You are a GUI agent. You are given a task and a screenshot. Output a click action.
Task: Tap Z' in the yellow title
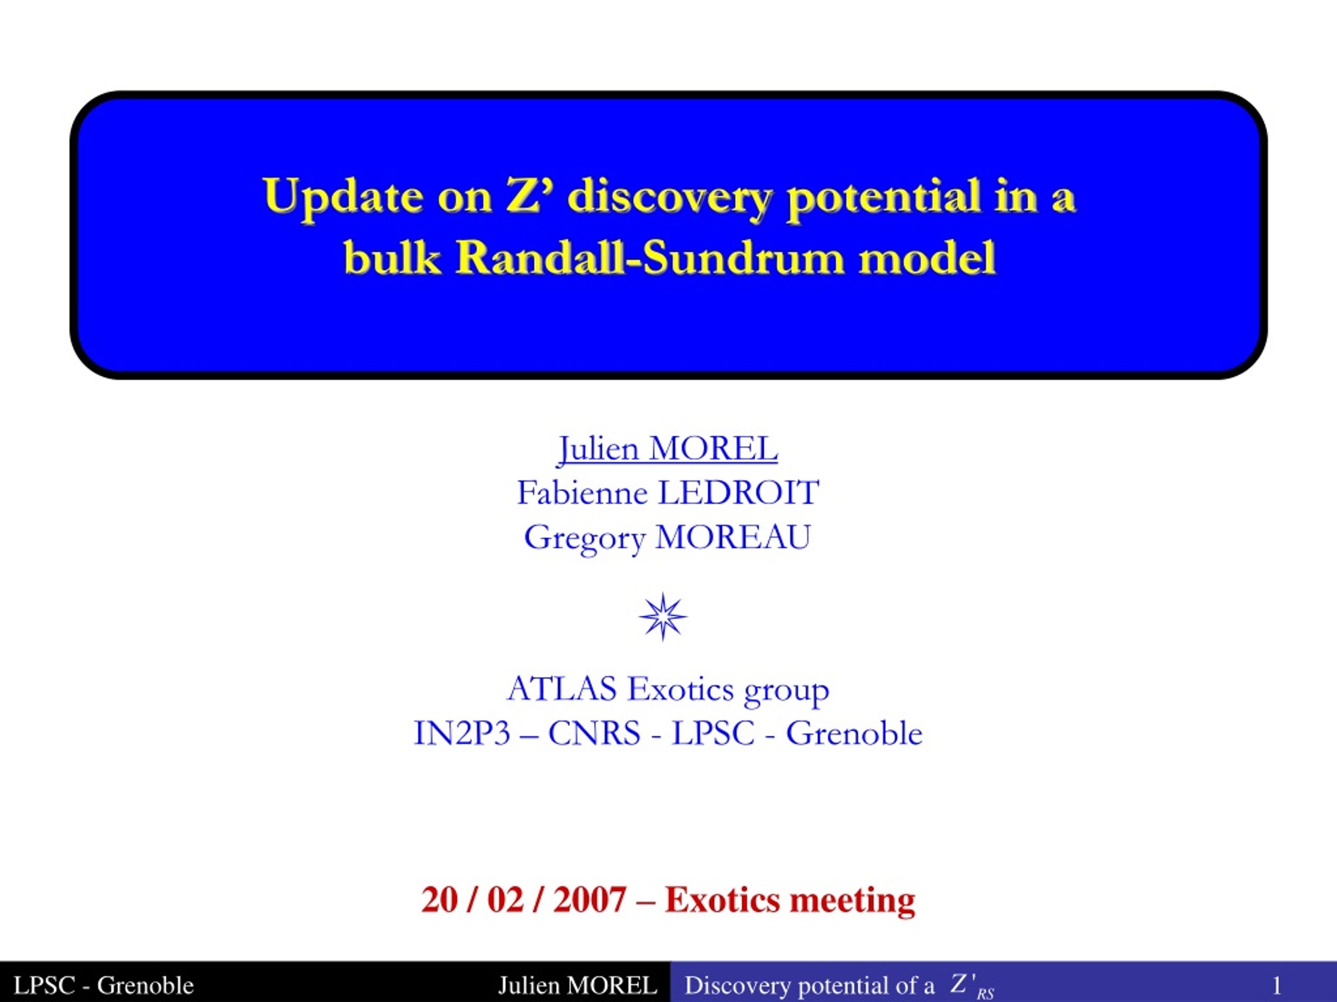pos(523,195)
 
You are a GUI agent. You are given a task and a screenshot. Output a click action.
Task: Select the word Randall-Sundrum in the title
pos(650,258)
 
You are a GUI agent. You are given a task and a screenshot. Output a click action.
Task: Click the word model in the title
pos(927,258)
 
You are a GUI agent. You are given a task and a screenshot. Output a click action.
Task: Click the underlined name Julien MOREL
pos(668,449)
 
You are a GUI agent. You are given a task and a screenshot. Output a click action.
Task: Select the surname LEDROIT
pos(738,493)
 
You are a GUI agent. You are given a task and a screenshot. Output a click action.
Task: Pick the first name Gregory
pos(584,538)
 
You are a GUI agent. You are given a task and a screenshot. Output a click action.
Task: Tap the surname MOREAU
pos(733,537)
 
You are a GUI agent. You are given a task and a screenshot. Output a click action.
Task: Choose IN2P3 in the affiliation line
pos(462,734)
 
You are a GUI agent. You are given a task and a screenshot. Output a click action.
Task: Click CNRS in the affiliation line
pos(594,734)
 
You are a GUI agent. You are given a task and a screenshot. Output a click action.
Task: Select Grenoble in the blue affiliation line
pos(854,734)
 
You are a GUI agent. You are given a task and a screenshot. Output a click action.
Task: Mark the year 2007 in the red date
pos(590,900)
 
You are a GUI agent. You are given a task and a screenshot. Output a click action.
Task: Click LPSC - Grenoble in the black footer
pos(103,986)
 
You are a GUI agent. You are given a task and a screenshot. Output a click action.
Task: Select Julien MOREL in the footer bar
pos(578,986)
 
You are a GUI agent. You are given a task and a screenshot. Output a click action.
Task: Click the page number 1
pos(1276,986)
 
